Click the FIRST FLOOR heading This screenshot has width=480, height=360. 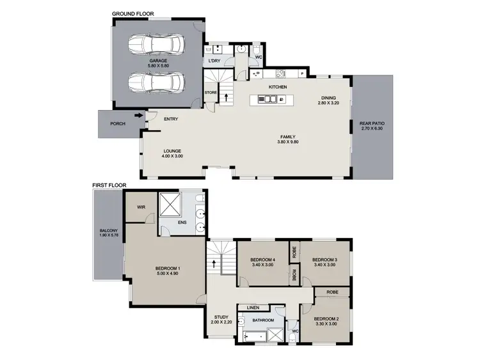[109, 185]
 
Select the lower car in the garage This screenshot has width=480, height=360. [156, 83]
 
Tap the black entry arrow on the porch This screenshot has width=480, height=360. [138, 116]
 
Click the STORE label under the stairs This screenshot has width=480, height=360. [211, 93]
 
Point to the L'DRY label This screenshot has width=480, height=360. [214, 61]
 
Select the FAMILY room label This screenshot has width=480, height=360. [287, 136]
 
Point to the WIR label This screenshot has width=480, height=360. [142, 207]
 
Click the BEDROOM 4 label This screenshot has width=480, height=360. [262, 259]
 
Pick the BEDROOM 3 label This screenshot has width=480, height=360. [324, 259]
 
